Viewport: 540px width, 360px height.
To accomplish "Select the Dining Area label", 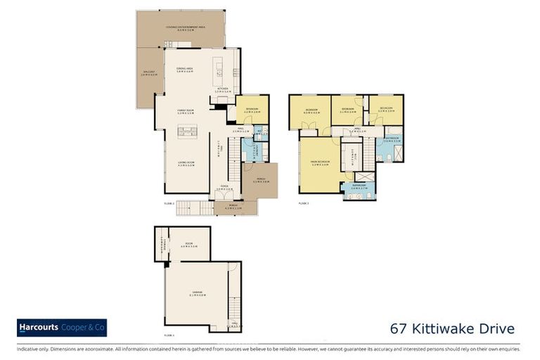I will (186, 69).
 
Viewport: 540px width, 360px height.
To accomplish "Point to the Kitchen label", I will (224, 89).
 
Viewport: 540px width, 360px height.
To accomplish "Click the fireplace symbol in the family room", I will (186, 130).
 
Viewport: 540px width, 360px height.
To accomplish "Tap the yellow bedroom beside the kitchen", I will (252, 110).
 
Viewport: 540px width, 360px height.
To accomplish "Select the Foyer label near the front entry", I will (224, 188).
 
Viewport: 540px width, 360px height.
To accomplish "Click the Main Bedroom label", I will (320, 162).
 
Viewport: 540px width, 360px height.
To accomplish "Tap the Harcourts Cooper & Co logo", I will (62, 328).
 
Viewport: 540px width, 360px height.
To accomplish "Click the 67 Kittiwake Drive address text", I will (452, 329).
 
